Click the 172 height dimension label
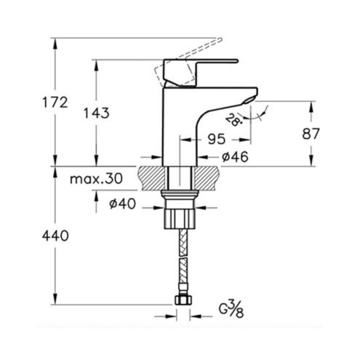[55, 103]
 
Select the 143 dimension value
[96, 113]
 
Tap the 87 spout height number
[311, 134]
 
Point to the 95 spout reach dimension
[217, 139]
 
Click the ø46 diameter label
[235, 157]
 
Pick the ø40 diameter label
[122, 204]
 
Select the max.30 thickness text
[96, 179]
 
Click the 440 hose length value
[55, 236]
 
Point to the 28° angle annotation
[233, 120]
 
